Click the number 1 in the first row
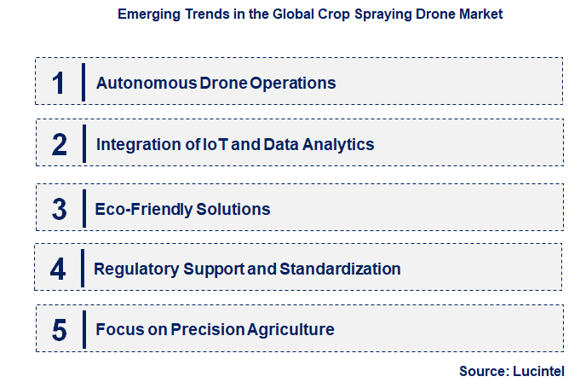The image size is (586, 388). [x=58, y=83]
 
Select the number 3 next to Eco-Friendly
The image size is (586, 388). [x=59, y=209]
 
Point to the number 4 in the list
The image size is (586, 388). [x=58, y=269]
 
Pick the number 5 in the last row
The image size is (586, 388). [x=59, y=330]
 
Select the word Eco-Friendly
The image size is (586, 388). [x=144, y=209]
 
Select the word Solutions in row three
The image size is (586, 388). [x=233, y=209]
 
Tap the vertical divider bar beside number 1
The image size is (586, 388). [x=83, y=82]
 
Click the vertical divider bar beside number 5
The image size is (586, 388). [x=83, y=329]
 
